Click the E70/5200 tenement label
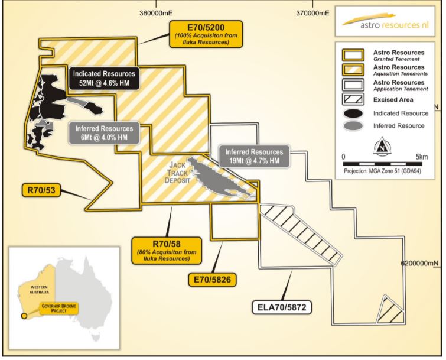(x=206, y=34)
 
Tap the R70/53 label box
(x=41, y=190)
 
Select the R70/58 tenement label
(x=167, y=251)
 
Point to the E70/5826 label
(x=212, y=280)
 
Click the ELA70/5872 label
(x=282, y=307)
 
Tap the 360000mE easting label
(x=156, y=13)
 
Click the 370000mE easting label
(x=313, y=13)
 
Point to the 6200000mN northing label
(x=420, y=263)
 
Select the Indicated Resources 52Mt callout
(x=104, y=78)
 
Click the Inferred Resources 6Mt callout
(x=104, y=133)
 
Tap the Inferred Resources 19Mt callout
(x=254, y=156)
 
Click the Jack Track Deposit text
(x=177, y=173)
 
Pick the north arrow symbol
(x=383, y=145)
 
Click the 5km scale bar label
(x=422, y=157)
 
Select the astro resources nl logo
(x=385, y=21)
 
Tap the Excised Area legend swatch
(x=353, y=99)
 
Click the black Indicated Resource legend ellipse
(x=353, y=113)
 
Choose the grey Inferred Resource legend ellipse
(x=353, y=126)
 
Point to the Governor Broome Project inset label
(x=59, y=308)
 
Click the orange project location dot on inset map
(x=24, y=316)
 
